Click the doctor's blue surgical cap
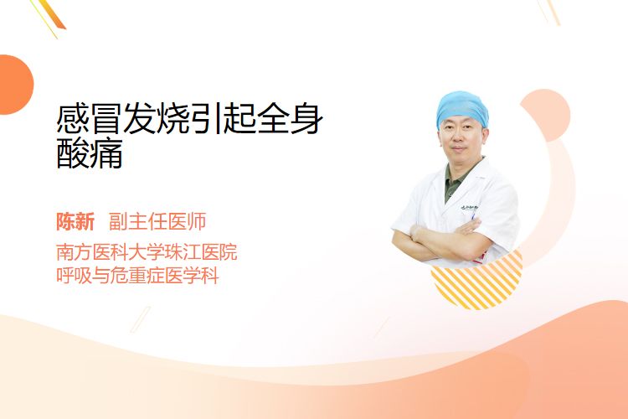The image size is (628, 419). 462,108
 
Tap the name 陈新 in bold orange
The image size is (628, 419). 75,222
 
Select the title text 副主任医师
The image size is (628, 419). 157,222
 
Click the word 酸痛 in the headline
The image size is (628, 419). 90,153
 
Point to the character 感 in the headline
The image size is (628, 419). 73,118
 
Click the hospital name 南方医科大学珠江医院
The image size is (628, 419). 147,252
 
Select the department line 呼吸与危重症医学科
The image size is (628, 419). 137,276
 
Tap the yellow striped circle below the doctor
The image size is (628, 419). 476,282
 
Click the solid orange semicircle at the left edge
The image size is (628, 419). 15,85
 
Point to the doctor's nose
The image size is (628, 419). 459,140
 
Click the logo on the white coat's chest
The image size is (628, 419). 470,208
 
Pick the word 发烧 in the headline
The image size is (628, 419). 157,118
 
